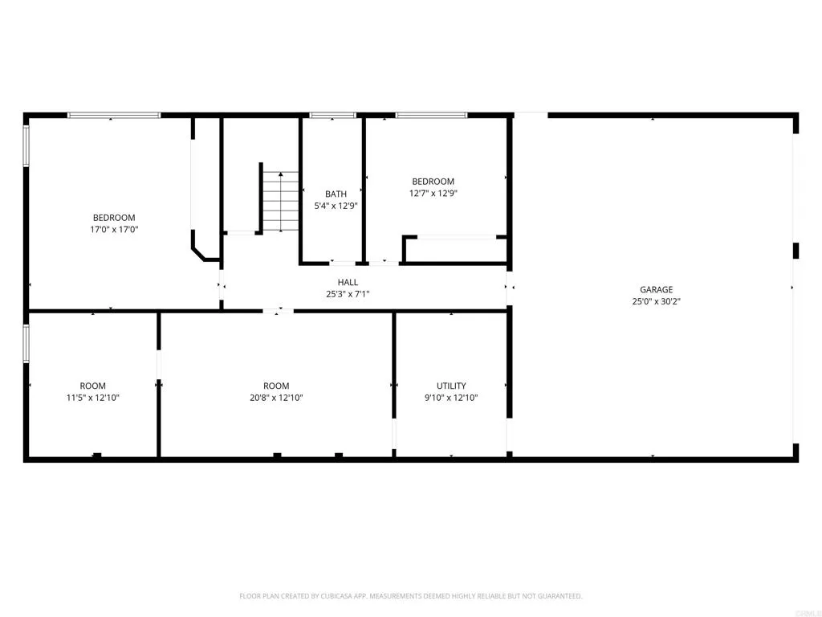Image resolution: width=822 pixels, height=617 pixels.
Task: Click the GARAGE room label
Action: (x=656, y=289)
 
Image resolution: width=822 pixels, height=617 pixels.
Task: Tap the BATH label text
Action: (x=336, y=194)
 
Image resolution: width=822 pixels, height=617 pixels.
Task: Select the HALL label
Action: (x=348, y=282)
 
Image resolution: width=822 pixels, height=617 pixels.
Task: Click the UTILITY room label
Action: (x=451, y=386)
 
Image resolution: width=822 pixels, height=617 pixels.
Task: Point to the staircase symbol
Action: (x=281, y=201)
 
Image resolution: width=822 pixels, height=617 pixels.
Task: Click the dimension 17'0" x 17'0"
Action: (x=114, y=229)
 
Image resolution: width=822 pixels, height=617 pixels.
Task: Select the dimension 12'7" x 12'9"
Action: (x=433, y=193)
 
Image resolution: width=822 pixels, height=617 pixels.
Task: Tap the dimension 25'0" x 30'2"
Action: (x=656, y=301)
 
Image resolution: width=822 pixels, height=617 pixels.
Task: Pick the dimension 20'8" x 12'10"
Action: (x=276, y=398)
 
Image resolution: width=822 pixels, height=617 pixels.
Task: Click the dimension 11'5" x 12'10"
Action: (x=92, y=398)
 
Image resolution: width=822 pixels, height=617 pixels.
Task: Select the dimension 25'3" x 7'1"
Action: (x=348, y=294)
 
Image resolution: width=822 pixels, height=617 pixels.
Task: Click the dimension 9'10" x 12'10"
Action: (x=451, y=398)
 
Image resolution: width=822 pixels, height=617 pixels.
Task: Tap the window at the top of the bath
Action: (x=332, y=116)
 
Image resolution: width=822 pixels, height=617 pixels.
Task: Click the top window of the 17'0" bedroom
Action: (x=113, y=116)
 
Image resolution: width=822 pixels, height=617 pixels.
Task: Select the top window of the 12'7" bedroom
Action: (x=431, y=116)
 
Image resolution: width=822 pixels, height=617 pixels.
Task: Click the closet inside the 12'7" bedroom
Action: (x=455, y=250)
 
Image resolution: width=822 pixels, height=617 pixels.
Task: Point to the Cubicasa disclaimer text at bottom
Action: (x=410, y=596)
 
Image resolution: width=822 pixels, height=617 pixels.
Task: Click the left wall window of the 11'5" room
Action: (x=26, y=343)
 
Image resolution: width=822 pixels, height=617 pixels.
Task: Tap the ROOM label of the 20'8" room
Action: (x=276, y=386)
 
